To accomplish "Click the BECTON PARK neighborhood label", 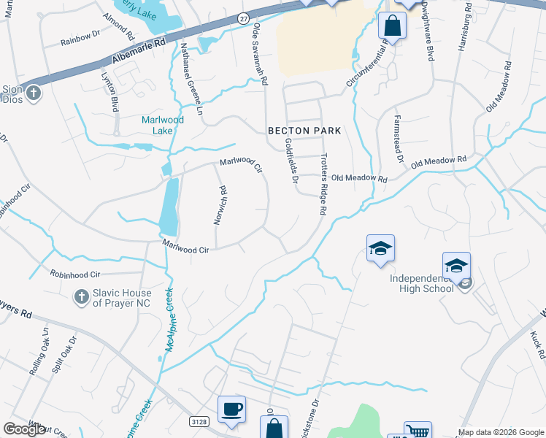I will (304, 131).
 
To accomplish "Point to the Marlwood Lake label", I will (162, 125).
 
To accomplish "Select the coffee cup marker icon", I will (231, 409).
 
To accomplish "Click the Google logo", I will (24, 429).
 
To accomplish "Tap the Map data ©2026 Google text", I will (501, 432).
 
